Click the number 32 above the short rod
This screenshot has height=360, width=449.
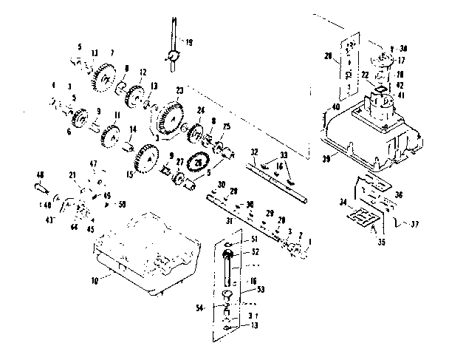[x=254, y=152]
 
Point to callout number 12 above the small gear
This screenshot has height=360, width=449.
[x=143, y=72]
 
